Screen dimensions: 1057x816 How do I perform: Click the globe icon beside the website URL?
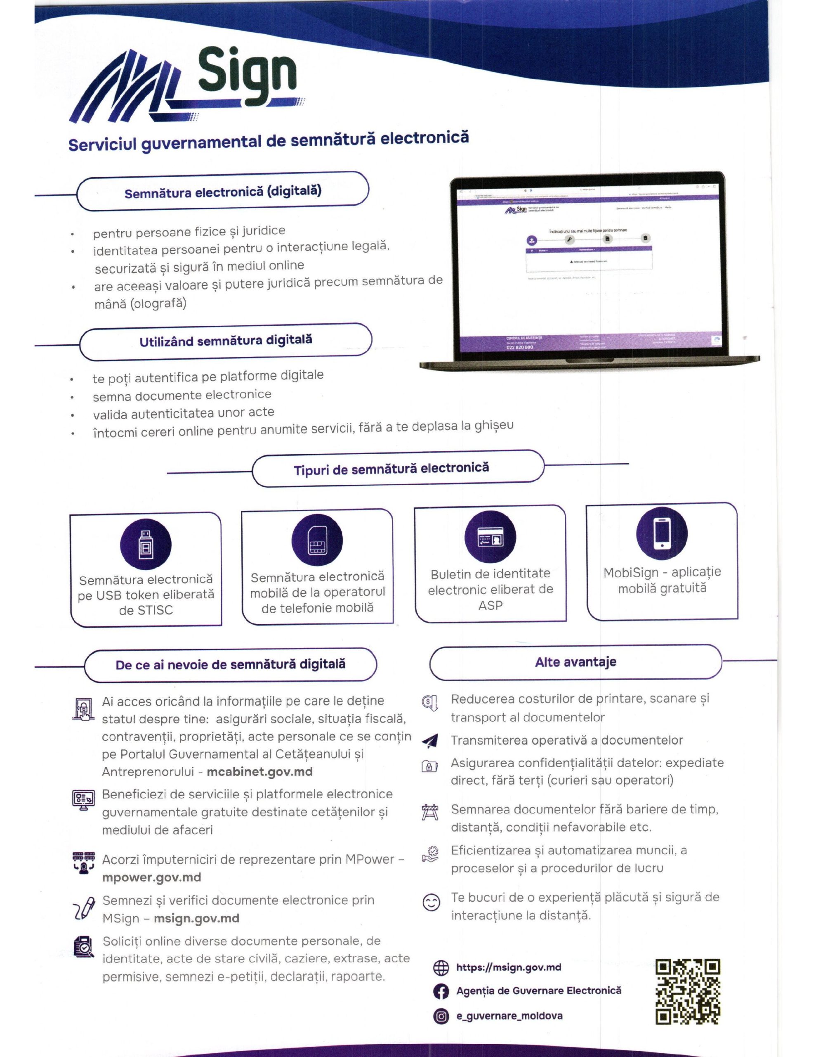441,967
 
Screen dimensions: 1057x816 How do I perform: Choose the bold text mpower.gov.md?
151,877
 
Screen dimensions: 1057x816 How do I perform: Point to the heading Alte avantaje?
575,661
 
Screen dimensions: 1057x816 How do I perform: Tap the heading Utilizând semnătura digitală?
225,341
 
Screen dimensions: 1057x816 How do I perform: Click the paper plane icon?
430,740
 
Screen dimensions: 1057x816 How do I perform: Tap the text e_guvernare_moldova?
509,1016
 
